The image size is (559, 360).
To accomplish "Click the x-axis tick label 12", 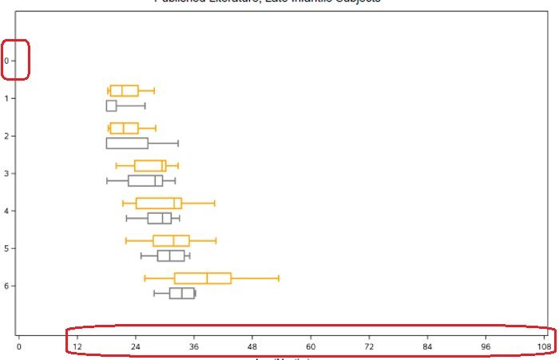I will (x=77, y=347).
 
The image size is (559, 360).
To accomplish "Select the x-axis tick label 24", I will (x=136, y=347).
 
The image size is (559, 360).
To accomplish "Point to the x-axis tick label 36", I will (x=194, y=347).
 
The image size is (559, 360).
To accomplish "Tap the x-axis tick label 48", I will (x=252, y=347).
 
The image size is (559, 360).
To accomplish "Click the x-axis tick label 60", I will (x=311, y=347).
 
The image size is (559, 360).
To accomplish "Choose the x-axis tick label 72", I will (x=369, y=347).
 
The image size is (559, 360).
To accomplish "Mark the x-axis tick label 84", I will (x=428, y=347).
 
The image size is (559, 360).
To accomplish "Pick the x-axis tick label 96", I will (x=486, y=347).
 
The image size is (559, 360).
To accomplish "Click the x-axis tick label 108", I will (x=545, y=347).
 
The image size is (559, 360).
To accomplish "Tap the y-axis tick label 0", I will (x=6, y=61).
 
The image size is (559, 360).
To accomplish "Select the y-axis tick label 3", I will (x=6, y=173).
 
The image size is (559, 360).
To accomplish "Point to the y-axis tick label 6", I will (x=6, y=286).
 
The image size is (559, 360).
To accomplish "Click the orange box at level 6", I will (x=203, y=278).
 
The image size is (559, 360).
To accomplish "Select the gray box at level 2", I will (x=127, y=144).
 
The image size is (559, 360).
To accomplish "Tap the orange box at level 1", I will (x=124, y=91).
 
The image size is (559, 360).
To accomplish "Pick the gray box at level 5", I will (x=171, y=256).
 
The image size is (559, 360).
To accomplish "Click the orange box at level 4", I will (x=158, y=204).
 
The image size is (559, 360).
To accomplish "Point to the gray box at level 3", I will (x=145, y=180).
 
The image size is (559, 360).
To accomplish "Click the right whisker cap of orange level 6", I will (x=279, y=278).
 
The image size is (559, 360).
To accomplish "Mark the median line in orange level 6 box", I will (x=208, y=278).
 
